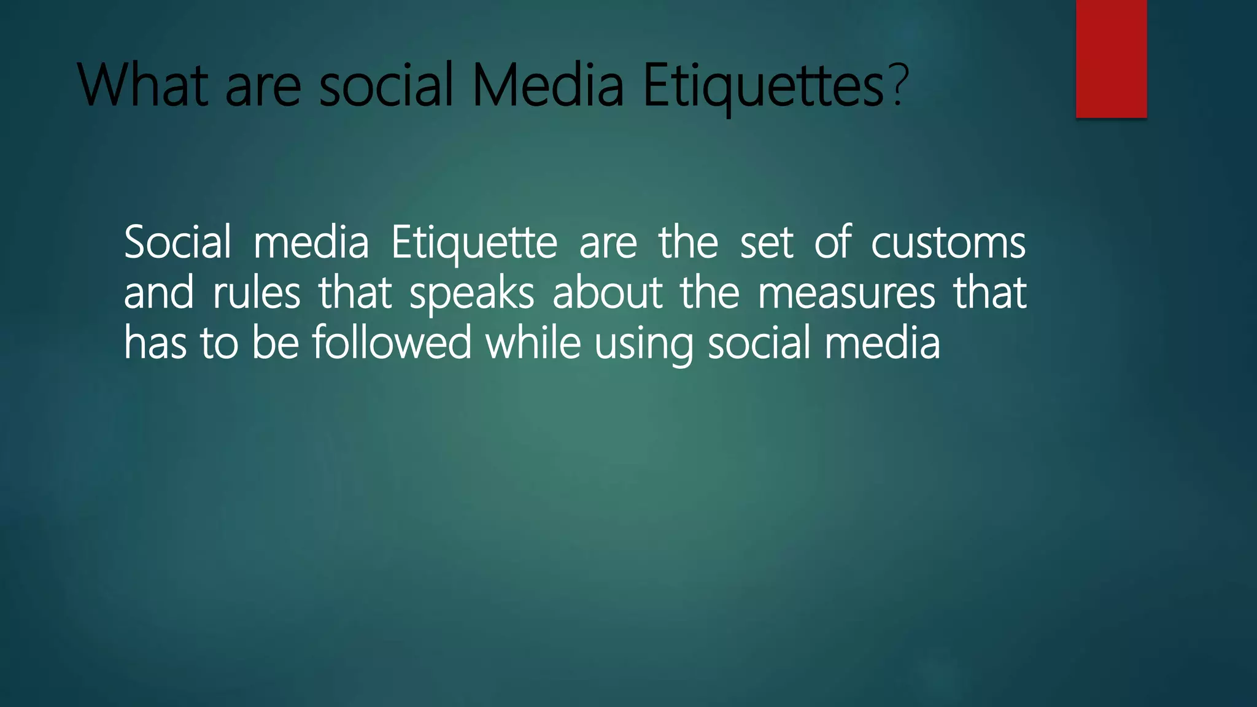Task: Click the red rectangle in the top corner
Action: point(1111,58)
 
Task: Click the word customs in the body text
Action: point(948,243)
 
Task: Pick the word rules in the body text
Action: point(256,293)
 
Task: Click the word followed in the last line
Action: point(392,342)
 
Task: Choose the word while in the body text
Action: point(533,342)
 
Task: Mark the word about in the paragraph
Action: point(607,293)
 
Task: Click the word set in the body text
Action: point(767,243)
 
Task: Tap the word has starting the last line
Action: point(155,342)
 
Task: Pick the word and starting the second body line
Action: point(159,293)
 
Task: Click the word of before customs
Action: point(832,242)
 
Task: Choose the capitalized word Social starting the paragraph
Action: point(177,242)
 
